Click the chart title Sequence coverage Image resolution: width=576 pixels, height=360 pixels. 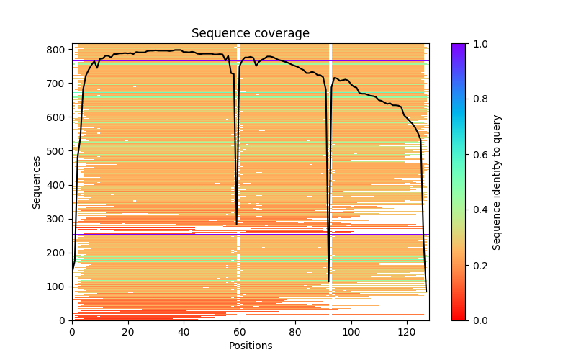(251, 34)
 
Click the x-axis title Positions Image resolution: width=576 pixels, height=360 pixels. (251, 346)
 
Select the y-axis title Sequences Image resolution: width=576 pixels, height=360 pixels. (37, 182)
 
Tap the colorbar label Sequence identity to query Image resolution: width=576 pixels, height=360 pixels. (497, 182)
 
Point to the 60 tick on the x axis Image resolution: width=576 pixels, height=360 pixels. (239, 320)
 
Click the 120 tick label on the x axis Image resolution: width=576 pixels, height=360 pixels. (406, 332)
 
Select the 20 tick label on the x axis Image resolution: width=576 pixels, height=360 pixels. (127, 332)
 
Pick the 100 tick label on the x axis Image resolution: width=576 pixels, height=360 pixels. (351, 332)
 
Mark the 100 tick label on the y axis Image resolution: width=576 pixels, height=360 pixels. (58, 287)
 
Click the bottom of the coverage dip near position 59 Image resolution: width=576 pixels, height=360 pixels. (237, 224)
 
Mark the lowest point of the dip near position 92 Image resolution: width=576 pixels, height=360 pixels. (328, 282)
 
